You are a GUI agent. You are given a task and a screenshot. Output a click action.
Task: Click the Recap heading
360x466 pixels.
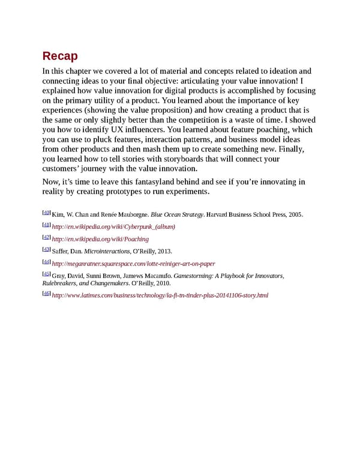click(x=60, y=56)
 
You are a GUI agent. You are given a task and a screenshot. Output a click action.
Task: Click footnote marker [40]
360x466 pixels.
click(x=46, y=213)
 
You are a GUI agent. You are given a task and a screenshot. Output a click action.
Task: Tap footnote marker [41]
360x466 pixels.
click(x=46, y=225)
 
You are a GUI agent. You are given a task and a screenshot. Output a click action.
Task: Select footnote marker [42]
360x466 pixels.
click(x=46, y=238)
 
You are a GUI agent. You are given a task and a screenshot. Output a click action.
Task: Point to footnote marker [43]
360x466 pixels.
click(x=46, y=250)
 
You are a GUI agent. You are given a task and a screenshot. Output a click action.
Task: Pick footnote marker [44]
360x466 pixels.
click(x=46, y=262)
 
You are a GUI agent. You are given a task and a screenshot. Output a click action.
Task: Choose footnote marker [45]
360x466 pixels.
click(x=46, y=274)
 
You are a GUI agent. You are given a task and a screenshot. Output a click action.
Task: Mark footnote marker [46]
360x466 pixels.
click(x=46, y=294)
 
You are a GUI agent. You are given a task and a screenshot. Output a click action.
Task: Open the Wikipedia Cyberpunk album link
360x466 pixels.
click(x=113, y=226)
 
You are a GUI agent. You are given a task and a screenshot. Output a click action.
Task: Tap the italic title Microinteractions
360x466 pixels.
click(x=107, y=252)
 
